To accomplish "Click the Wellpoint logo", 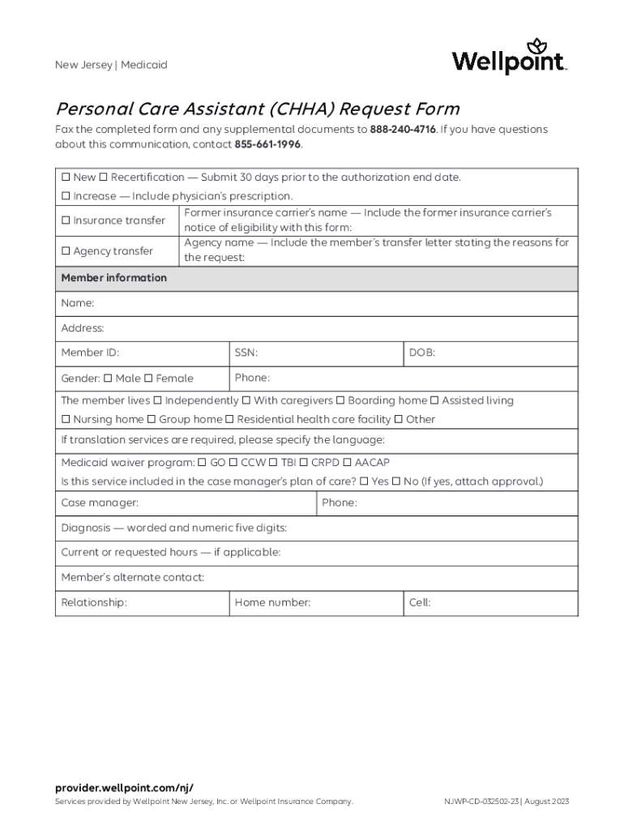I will (x=509, y=58).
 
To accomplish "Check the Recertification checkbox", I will (x=105, y=178).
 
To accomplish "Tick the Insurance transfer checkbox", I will (x=66, y=220).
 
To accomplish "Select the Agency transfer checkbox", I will (x=66, y=251).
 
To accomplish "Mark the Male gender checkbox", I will (x=108, y=379).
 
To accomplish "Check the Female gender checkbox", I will (x=148, y=379).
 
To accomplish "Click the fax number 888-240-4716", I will (x=403, y=130).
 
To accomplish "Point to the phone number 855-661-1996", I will (x=267, y=144).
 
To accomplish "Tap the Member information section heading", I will (x=114, y=278).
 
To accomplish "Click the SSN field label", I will (x=246, y=353).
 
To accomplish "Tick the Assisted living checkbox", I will (x=434, y=400).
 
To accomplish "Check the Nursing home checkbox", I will (x=66, y=420).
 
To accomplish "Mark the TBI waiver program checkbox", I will (x=273, y=463).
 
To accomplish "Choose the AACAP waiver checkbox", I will (x=347, y=463).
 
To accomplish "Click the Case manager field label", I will (x=100, y=503).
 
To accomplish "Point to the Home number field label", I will (x=272, y=603).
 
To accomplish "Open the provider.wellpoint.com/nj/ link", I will (x=124, y=788).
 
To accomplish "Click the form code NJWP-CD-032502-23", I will (x=481, y=802).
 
